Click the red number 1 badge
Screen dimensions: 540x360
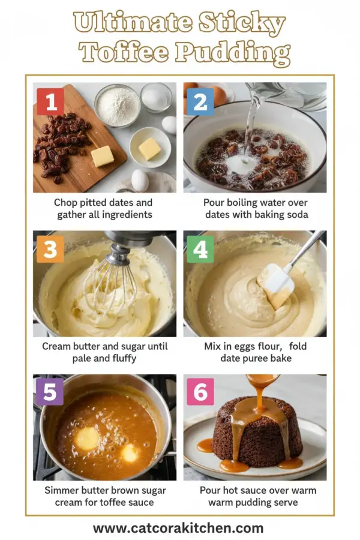pyautogui.click(x=50, y=101)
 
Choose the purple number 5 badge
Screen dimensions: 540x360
pyautogui.click(x=50, y=392)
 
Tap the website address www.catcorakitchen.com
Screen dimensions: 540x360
pyautogui.click(x=178, y=528)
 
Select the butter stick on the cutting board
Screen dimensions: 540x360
pyautogui.click(x=102, y=155)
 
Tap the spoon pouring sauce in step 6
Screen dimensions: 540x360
pyautogui.click(x=262, y=380)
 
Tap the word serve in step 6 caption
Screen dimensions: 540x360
pyautogui.click(x=286, y=502)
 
